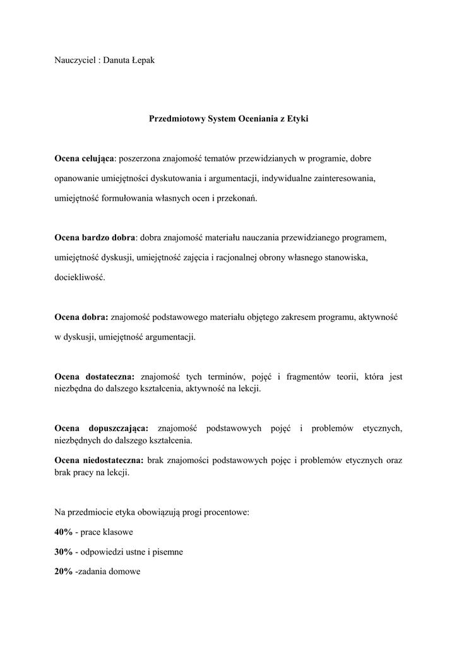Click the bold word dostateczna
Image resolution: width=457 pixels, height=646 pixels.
pos(108,377)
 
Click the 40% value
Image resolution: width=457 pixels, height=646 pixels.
pos(63,532)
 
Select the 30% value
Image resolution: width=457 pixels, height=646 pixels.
pos(63,552)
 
